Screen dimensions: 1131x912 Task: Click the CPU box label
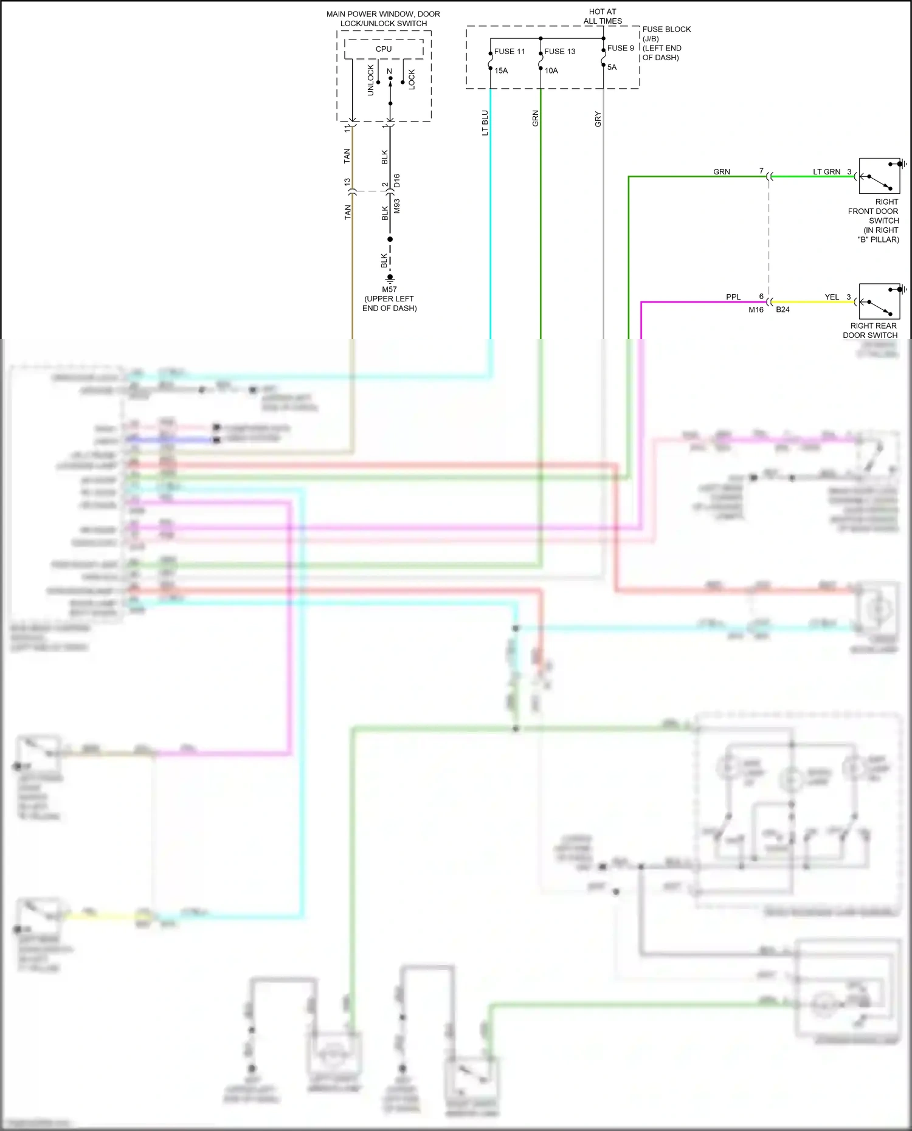point(384,49)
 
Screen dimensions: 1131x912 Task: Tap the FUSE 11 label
point(510,52)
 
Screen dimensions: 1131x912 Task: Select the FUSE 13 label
point(559,52)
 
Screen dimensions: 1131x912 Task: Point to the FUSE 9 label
point(620,48)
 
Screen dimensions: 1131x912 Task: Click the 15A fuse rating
point(501,70)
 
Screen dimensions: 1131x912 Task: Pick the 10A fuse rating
point(551,70)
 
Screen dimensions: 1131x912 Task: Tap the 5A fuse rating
point(612,67)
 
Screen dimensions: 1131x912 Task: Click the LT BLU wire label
point(485,123)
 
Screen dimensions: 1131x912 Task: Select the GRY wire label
point(598,119)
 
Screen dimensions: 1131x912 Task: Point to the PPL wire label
point(733,297)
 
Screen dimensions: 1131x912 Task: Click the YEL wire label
point(832,297)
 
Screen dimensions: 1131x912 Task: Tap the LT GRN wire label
point(826,172)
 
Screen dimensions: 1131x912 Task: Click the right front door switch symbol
point(879,176)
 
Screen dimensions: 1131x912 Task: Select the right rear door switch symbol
point(879,301)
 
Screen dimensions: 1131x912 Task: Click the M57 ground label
point(390,289)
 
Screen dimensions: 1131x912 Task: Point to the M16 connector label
point(756,310)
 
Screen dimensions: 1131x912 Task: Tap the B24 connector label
point(782,310)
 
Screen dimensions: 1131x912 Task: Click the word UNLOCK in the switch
point(371,80)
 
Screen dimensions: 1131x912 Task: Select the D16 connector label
point(397,180)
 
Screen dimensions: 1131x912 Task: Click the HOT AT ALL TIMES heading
point(603,16)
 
